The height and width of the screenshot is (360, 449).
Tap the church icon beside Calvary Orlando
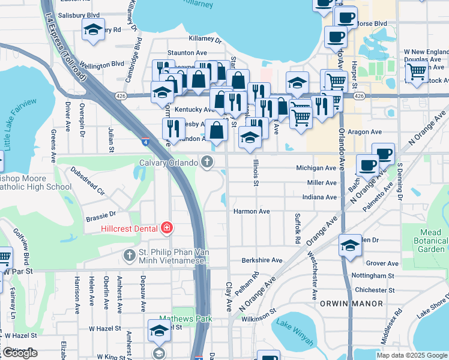(x=207, y=161)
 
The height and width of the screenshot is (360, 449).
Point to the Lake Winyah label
(x=294, y=332)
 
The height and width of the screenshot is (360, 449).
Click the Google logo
(x=20, y=353)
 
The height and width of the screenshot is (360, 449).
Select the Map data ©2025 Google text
(x=412, y=355)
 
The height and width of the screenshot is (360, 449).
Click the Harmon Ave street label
(x=252, y=211)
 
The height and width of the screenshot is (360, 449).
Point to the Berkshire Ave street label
(x=262, y=260)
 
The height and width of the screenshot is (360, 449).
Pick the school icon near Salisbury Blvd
(x=93, y=29)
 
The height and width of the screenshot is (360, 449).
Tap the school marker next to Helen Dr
(x=351, y=245)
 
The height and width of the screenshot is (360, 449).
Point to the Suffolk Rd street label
(x=297, y=227)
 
